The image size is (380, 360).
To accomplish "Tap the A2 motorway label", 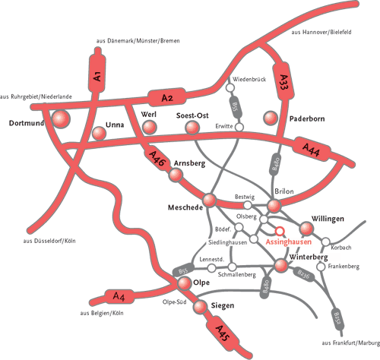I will [169, 97].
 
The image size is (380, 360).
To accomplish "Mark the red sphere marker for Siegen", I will [199, 307].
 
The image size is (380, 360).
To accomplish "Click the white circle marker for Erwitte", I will [239, 126].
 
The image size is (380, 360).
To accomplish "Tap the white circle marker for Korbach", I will [326, 243].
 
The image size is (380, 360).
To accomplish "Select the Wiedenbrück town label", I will [249, 79].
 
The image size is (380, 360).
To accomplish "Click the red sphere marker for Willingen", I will [308, 229].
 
